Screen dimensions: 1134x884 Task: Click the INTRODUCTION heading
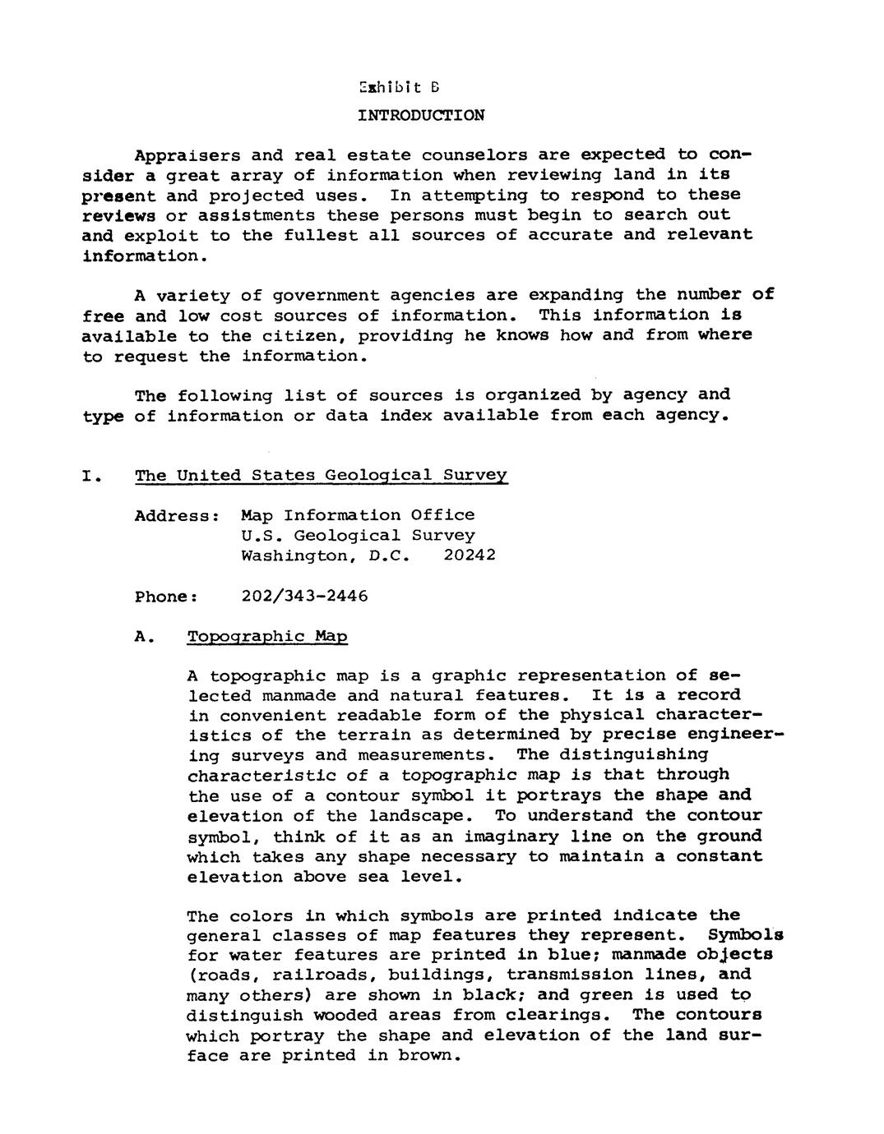coord(421,115)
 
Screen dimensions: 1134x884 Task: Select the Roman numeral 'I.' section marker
coord(91,477)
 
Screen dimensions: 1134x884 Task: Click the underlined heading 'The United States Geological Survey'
coord(321,476)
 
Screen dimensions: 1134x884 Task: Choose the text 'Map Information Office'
coord(358,515)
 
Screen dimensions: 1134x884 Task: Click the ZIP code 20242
coord(470,555)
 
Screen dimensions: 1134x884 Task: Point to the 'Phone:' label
coord(166,597)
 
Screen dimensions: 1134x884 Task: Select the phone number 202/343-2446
coord(304,596)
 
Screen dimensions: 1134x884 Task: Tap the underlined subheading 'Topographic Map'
coord(267,637)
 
